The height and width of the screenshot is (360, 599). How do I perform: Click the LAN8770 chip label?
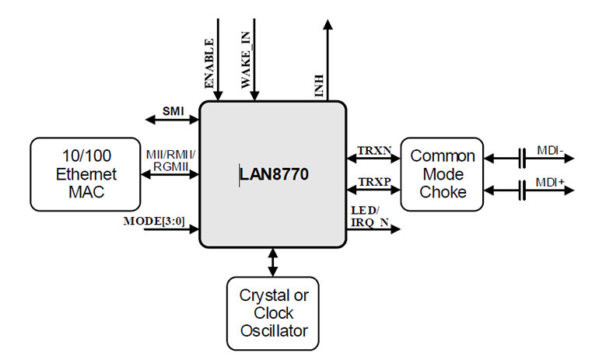[x=274, y=175]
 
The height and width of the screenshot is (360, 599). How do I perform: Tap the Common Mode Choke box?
[x=442, y=174]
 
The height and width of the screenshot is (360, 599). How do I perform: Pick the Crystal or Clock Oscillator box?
[x=272, y=313]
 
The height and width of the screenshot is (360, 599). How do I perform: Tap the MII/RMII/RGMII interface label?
[x=170, y=159]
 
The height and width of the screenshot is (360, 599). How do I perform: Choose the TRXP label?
[x=372, y=181]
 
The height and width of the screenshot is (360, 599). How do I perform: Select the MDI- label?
[x=548, y=149]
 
